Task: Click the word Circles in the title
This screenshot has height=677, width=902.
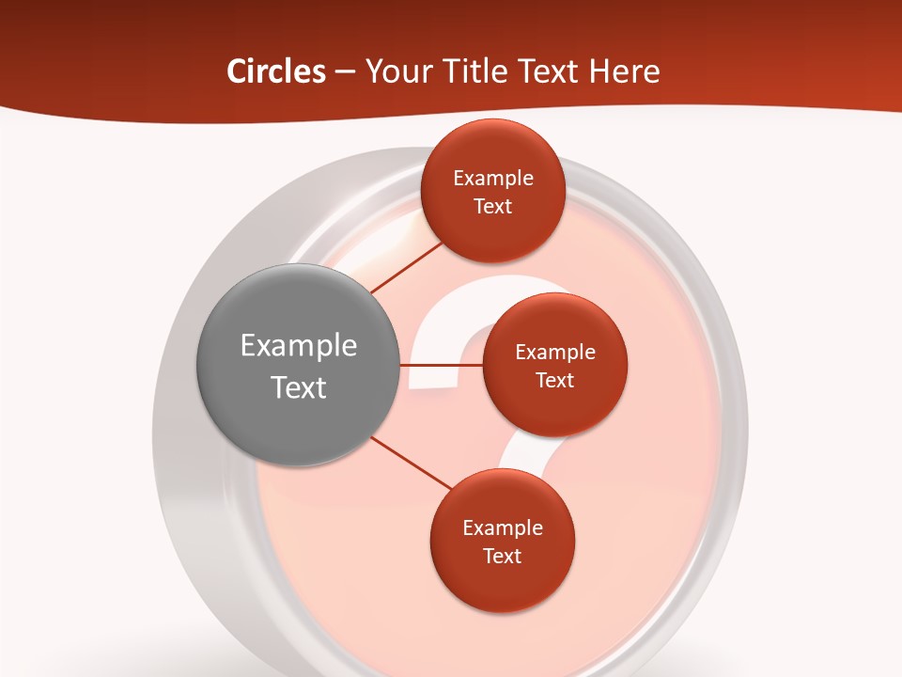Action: pos(275,71)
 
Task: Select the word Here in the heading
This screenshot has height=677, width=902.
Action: pos(624,71)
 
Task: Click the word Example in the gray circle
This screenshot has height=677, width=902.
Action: pos(299,346)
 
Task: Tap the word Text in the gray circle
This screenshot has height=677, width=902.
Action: pos(299,387)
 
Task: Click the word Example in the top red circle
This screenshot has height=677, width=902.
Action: pos(493,179)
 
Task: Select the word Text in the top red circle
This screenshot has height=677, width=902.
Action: pos(493,206)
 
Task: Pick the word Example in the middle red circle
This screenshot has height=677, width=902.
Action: pos(555,353)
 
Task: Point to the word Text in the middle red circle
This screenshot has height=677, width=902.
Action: pos(555,380)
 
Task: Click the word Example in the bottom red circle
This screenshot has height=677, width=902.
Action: pos(503,528)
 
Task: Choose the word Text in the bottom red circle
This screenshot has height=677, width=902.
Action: pos(503,556)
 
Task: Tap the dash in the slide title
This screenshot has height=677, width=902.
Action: pos(345,72)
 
